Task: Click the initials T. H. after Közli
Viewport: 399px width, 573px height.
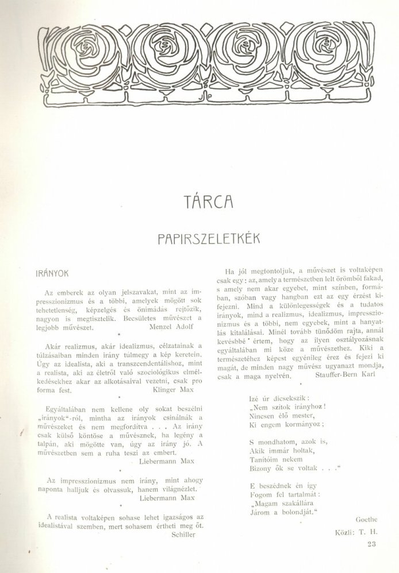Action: coord(366,531)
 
